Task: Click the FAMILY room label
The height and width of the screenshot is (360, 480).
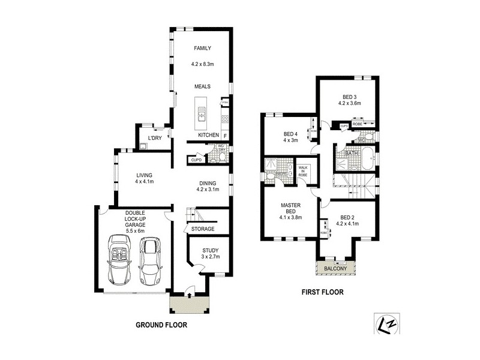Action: (x=202, y=49)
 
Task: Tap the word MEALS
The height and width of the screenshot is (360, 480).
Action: (x=202, y=86)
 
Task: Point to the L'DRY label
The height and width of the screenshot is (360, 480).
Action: (x=155, y=139)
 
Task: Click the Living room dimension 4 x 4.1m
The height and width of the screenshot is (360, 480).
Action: (x=144, y=181)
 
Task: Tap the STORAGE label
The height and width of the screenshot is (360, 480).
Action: (x=202, y=229)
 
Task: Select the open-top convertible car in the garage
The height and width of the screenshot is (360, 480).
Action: (x=119, y=260)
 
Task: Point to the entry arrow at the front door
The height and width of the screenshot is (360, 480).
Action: (x=190, y=294)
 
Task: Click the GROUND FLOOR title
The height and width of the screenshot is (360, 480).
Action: (x=160, y=325)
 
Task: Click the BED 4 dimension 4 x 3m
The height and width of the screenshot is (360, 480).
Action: (x=290, y=140)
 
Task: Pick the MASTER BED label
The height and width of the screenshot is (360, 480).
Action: (x=290, y=208)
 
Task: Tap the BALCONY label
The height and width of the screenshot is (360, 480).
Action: (x=335, y=269)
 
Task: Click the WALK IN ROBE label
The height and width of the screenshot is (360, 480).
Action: (x=303, y=170)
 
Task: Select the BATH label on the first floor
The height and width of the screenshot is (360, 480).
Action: (x=352, y=154)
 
